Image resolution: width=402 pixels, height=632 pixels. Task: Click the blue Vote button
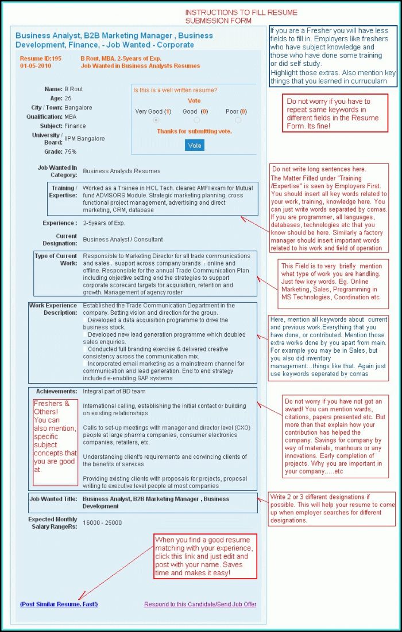[195, 146]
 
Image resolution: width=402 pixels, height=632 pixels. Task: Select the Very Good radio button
[156, 120]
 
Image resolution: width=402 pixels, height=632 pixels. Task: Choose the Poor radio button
[238, 120]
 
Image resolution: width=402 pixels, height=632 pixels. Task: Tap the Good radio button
[196, 120]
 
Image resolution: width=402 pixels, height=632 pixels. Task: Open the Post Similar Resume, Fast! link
[59, 604]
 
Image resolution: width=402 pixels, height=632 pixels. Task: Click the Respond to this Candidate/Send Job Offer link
[200, 604]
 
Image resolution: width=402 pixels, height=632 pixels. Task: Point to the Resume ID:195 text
[40, 58]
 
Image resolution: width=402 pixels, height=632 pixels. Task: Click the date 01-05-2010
[36, 66]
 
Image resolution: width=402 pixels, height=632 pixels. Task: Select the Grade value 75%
[71, 152]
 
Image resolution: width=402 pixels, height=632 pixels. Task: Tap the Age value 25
[68, 98]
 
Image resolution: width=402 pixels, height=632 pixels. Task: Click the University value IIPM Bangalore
[84, 139]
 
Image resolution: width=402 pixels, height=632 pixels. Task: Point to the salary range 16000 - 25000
[102, 523]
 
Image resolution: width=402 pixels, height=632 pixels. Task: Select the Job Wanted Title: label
[53, 499]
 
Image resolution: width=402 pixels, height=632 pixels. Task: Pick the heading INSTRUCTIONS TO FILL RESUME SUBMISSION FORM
[241, 17]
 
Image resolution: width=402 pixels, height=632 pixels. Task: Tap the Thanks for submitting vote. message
[194, 131]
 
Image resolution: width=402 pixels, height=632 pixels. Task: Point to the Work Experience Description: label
[53, 309]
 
